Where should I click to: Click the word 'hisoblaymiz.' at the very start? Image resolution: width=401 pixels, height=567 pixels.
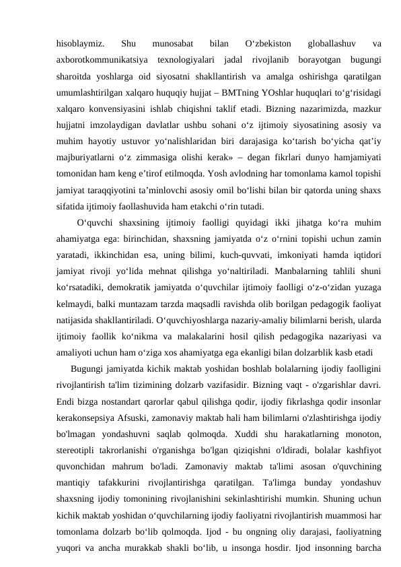[x=79, y=45]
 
